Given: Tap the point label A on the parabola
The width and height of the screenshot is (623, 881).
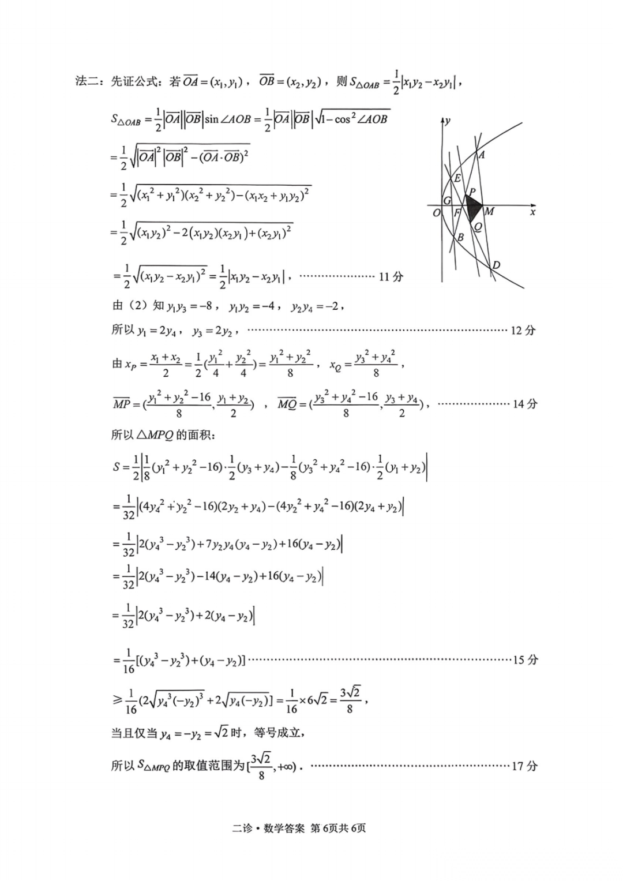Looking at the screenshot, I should pyautogui.click(x=482, y=155).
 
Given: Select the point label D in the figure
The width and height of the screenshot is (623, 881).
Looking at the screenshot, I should pyautogui.click(x=496, y=265).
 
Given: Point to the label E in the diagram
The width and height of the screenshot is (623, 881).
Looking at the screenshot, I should pyautogui.click(x=457, y=178).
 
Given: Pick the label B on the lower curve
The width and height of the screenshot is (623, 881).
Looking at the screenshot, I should pyautogui.click(x=460, y=237).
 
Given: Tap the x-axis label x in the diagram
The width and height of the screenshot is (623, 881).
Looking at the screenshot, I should pyautogui.click(x=532, y=212).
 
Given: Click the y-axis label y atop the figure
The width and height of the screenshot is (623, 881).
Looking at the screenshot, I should pyautogui.click(x=448, y=121).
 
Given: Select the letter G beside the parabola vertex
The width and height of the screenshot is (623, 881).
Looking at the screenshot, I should pyautogui.click(x=447, y=200).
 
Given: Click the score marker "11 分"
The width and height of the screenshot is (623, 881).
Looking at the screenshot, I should pyautogui.click(x=391, y=277).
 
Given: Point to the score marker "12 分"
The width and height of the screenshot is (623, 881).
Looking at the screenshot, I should pyautogui.click(x=523, y=331).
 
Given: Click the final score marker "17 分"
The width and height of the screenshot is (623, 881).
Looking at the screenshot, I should pyautogui.click(x=524, y=766).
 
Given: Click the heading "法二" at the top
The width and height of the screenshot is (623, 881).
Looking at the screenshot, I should pyautogui.click(x=87, y=81).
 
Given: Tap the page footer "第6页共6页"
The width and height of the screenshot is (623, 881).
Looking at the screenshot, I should pyautogui.click(x=338, y=828).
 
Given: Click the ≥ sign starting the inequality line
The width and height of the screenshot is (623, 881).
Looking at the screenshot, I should pyautogui.click(x=117, y=700).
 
